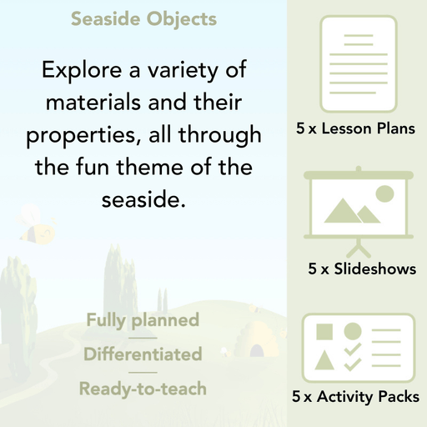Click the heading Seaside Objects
point(143,18)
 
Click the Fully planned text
point(143,319)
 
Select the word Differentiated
point(143,354)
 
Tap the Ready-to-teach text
point(143,388)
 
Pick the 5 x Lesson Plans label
point(356,129)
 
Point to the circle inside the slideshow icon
point(384,194)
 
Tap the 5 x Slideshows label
point(362,269)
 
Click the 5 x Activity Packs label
point(356,397)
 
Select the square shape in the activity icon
point(324,331)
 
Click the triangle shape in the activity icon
point(324,361)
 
